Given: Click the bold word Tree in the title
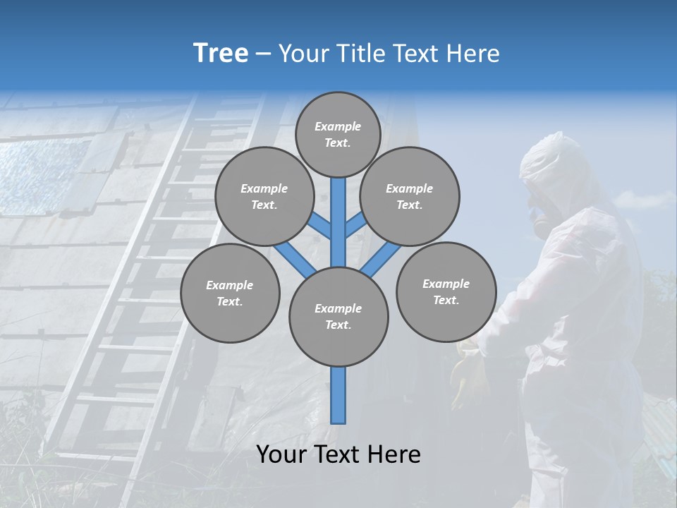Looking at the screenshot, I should coord(221,53).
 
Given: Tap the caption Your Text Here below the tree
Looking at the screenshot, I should coord(338,454).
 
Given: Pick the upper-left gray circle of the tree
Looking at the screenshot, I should coord(264,196).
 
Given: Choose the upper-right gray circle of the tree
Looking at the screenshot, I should coord(410,196).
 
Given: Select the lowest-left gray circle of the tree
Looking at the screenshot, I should coord(230,293).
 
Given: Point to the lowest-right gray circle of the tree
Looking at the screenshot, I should coord(446,291).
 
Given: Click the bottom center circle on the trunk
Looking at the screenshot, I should coord(338,317).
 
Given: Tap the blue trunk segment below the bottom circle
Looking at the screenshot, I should coord(338,395).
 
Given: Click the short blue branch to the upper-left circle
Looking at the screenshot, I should coord(319,226).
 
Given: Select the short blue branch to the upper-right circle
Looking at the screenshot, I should coord(355,224).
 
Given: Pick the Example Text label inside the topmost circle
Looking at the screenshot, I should coord(338,134).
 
